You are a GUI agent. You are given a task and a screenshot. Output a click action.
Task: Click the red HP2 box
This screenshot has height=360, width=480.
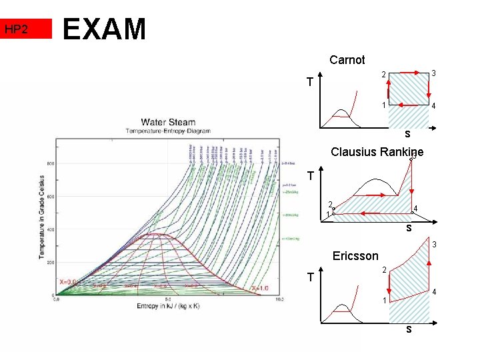(x=26, y=29)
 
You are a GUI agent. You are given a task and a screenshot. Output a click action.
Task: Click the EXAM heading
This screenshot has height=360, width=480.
(x=104, y=29)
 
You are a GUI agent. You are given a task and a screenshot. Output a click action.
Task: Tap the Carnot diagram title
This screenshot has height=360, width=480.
(x=347, y=60)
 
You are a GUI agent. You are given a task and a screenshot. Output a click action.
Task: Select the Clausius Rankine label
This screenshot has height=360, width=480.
(x=377, y=152)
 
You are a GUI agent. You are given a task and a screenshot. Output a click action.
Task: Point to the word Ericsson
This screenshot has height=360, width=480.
(x=355, y=256)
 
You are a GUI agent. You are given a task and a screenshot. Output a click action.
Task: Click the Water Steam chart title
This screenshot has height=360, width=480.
(x=168, y=122)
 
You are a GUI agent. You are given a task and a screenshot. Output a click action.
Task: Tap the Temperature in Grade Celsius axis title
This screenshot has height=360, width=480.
(x=42, y=217)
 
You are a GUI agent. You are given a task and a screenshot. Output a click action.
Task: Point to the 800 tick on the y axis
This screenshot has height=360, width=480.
(x=51, y=163)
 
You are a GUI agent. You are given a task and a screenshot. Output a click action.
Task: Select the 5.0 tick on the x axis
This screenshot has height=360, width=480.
(x=168, y=300)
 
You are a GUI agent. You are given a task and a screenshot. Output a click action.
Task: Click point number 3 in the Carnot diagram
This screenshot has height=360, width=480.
(x=433, y=73)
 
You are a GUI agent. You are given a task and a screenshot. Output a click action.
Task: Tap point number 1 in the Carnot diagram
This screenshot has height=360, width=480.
(x=383, y=105)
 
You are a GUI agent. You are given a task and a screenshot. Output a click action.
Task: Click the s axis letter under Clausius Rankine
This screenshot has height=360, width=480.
(x=409, y=228)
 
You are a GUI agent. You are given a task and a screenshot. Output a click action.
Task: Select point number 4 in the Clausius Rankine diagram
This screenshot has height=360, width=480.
(x=415, y=209)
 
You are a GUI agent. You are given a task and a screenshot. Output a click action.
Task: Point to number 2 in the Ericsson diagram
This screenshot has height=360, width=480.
(x=384, y=270)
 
